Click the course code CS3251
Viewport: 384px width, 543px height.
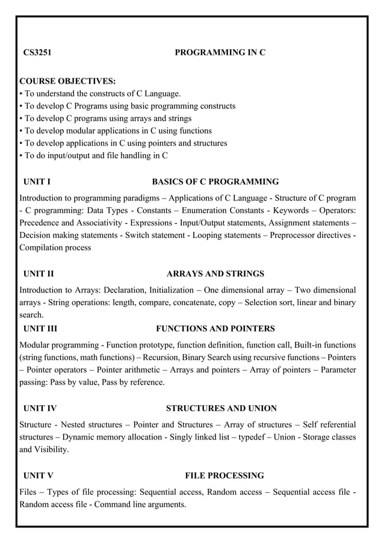37,53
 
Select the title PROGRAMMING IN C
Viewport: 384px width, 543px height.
220,53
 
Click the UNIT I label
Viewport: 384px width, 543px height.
37,181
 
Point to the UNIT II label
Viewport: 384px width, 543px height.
39,274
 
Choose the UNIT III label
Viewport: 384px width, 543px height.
40,329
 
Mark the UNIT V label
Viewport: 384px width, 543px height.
38,476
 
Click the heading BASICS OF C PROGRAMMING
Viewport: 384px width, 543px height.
215,181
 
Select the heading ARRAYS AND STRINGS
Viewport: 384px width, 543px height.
215,274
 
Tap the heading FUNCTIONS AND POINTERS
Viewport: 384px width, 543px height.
215,329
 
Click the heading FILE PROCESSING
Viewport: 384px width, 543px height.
225,476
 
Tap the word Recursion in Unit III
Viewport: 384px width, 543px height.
161,357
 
